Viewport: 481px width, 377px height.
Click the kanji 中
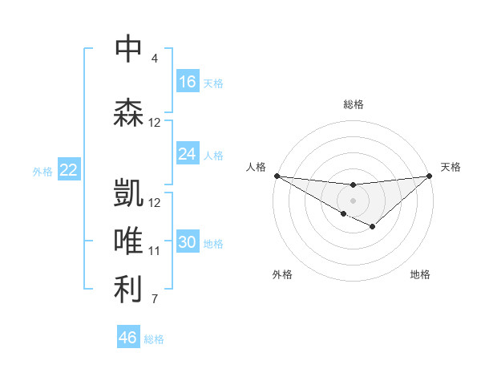pyautogui.click(x=128, y=48)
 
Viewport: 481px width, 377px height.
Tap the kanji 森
pyautogui.click(x=128, y=112)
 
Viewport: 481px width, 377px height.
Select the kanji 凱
pyautogui.click(x=128, y=193)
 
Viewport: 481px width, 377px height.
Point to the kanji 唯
pyautogui.click(x=128, y=241)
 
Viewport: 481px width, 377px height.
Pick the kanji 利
pyautogui.click(x=128, y=290)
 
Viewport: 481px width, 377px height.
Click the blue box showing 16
pyautogui.click(x=188, y=81)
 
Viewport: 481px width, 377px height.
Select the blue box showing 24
pyautogui.click(x=188, y=154)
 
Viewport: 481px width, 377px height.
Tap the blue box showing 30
pyautogui.click(x=188, y=243)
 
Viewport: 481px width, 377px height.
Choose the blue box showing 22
pyautogui.click(x=69, y=169)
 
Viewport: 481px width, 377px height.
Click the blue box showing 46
pyautogui.click(x=128, y=338)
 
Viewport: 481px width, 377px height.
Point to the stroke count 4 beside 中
pyautogui.click(x=155, y=59)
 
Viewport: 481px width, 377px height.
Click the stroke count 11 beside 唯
pyautogui.click(x=155, y=251)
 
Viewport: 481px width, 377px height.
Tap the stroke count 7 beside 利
pyautogui.click(x=155, y=300)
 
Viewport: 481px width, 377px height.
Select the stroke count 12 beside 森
pyautogui.click(x=155, y=123)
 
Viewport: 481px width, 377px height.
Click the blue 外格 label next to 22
pyautogui.click(x=42, y=171)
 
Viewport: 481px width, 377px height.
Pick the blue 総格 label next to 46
pyautogui.click(x=154, y=339)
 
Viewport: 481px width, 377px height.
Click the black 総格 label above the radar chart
pyautogui.click(x=353, y=104)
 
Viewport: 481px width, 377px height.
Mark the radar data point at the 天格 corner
pyautogui.click(x=430, y=176)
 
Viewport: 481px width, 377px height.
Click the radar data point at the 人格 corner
pyautogui.click(x=277, y=175)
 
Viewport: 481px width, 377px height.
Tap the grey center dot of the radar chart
pyautogui.click(x=353, y=199)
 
